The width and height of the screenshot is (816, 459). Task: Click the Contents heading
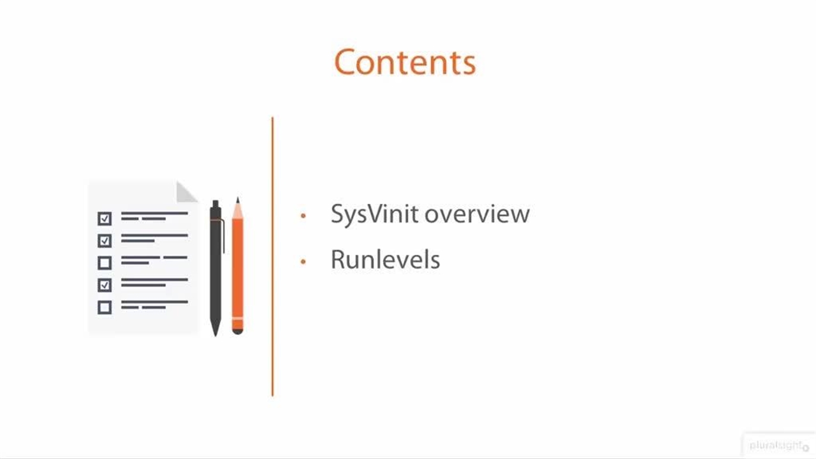[x=405, y=62]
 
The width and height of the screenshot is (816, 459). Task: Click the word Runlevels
[x=385, y=260]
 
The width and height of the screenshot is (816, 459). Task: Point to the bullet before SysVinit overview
[x=303, y=216]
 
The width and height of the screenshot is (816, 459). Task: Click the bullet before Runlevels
[x=303, y=261]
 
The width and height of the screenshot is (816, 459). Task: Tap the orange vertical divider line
[x=272, y=255]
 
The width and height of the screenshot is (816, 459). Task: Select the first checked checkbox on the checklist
[x=105, y=219]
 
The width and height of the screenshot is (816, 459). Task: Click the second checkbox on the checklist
[x=105, y=240]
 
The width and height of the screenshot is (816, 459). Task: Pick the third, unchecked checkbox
[x=105, y=263]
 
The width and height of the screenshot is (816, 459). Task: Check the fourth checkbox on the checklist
[x=105, y=284]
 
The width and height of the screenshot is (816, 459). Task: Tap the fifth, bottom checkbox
[x=105, y=307]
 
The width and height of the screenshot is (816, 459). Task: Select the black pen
[x=215, y=268]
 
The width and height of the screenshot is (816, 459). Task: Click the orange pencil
[x=237, y=268]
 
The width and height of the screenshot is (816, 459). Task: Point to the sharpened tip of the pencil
[x=237, y=200]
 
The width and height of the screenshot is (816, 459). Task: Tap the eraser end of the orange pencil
[x=237, y=329]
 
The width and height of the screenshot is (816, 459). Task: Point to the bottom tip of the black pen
[x=215, y=333]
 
